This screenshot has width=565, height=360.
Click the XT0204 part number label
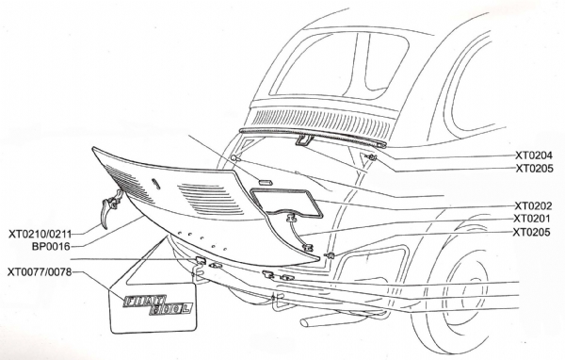[x=534, y=155]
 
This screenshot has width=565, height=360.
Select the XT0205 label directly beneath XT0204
[x=534, y=169]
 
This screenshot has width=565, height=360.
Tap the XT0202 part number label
[x=533, y=206]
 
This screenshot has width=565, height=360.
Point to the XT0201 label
[x=532, y=219]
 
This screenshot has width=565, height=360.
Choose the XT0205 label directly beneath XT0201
[x=532, y=232]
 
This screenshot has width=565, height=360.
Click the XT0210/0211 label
[x=40, y=234]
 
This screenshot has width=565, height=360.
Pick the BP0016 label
[x=51, y=247]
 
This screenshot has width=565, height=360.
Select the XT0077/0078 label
[x=40, y=271]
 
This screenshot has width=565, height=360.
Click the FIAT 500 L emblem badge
[x=157, y=305]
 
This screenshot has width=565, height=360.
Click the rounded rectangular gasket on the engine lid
[x=285, y=203]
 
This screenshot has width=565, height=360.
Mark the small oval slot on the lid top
[x=155, y=183]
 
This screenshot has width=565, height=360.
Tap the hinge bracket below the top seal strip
[x=304, y=139]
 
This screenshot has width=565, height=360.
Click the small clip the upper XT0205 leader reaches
[x=370, y=157]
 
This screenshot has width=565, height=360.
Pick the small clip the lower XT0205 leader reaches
[x=330, y=255]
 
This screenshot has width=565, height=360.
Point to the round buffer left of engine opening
[x=234, y=157]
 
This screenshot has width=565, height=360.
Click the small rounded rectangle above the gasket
[x=266, y=181]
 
